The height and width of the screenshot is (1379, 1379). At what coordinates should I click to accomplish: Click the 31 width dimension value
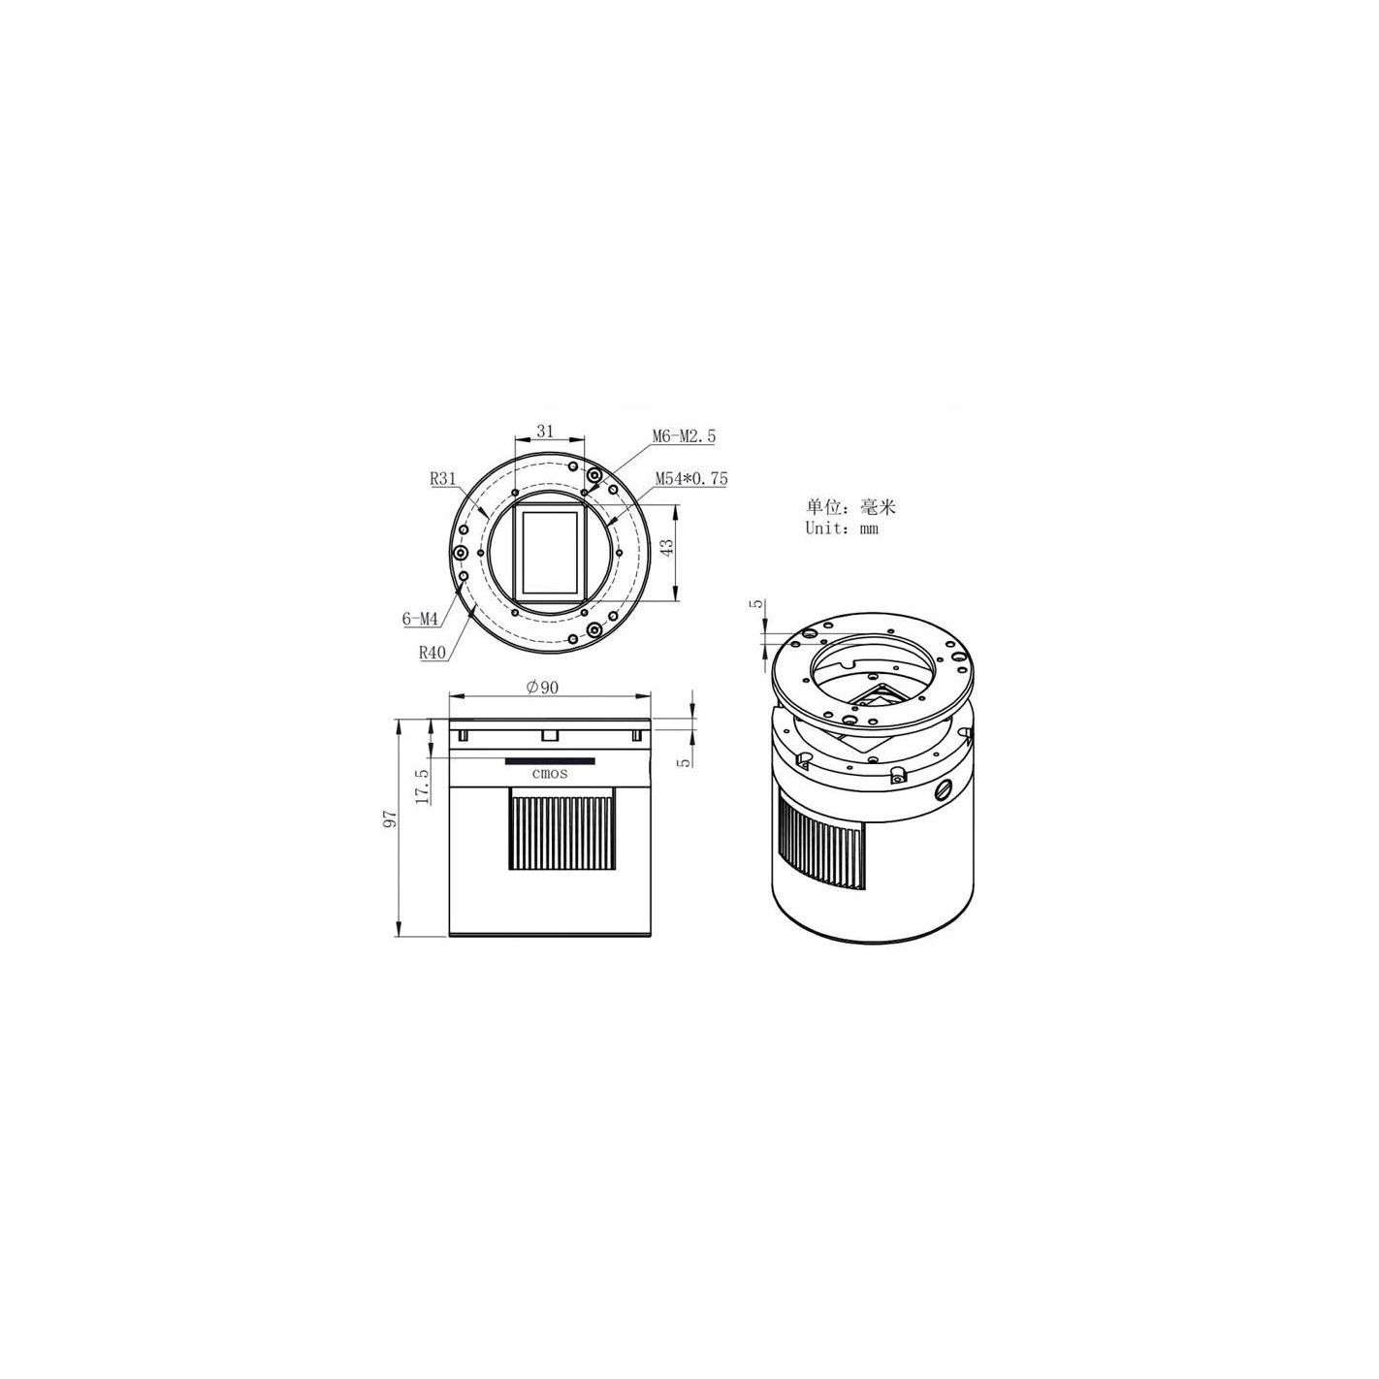(545, 431)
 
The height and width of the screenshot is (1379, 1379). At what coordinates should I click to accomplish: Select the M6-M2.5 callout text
(684, 435)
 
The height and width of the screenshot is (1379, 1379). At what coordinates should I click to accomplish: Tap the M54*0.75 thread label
(690, 479)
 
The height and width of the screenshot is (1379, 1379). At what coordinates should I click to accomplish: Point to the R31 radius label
(443, 479)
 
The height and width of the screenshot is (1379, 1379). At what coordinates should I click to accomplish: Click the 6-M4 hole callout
(420, 619)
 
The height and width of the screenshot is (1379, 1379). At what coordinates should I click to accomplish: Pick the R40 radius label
(433, 652)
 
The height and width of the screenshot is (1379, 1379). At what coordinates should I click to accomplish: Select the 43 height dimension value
(667, 548)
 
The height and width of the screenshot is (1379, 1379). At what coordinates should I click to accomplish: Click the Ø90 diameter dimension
(542, 687)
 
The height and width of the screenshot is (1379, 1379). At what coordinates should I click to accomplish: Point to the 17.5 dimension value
(422, 786)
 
